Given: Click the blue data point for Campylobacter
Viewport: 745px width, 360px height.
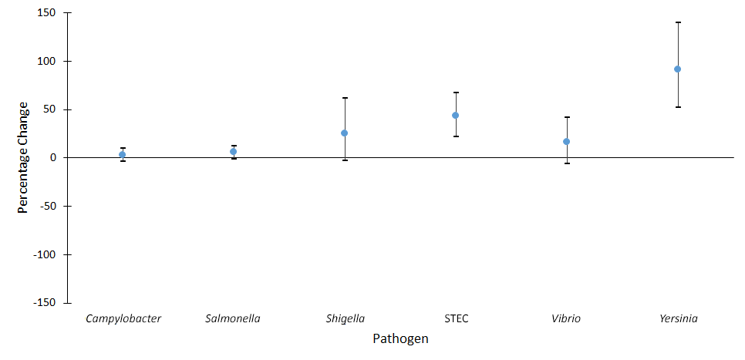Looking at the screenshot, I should [x=123, y=155].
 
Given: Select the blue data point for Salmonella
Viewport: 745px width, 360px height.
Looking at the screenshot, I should [x=234, y=152].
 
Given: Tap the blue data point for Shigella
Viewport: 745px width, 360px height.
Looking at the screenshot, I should [x=345, y=133].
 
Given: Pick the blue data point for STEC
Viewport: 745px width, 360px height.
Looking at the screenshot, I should [x=456, y=116].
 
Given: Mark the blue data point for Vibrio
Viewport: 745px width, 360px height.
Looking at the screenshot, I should [x=567, y=142].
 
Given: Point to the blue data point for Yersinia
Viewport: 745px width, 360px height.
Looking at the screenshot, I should [x=678, y=69].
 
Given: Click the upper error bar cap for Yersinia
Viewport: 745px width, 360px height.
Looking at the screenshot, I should [x=678, y=22].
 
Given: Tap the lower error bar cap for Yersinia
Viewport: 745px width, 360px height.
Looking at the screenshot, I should [x=678, y=107].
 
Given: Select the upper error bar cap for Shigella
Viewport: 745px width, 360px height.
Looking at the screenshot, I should [x=345, y=98].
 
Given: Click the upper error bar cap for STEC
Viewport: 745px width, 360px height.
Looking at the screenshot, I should [x=456, y=93].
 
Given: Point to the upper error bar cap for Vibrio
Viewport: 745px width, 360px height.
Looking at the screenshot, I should [x=567, y=117].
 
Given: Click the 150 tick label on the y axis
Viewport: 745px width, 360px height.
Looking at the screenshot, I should [x=49, y=13].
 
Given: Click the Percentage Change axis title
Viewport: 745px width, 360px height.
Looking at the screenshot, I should [x=23, y=157].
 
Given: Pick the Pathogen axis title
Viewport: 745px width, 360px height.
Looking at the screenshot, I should [x=400, y=339].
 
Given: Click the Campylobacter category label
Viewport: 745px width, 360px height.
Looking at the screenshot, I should [x=123, y=318].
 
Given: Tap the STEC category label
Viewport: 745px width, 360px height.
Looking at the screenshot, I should [x=456, y=318].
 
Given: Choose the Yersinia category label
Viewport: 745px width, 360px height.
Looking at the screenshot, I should [x=678, y=318].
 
